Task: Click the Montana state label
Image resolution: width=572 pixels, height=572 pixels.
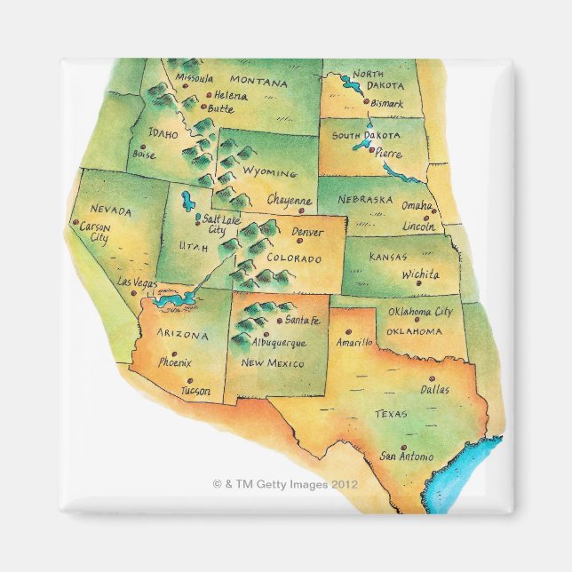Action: [261, 83]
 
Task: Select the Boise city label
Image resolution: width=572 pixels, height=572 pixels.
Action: [143, 155]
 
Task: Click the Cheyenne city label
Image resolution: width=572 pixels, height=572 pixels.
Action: [290, 201]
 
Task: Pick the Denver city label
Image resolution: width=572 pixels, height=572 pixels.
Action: [308, 233]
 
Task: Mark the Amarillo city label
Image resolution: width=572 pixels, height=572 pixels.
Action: [354, 342]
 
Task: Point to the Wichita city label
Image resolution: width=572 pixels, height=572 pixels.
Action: [419, 274]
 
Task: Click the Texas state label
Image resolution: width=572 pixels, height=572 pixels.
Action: [390, 414]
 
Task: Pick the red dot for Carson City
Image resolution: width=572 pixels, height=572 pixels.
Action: [77, 223]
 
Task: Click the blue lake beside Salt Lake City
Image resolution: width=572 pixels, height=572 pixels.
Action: [187, 200]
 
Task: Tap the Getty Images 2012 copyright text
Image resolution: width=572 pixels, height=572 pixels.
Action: [286, 485]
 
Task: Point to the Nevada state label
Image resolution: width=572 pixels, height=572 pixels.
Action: [111, 211]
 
